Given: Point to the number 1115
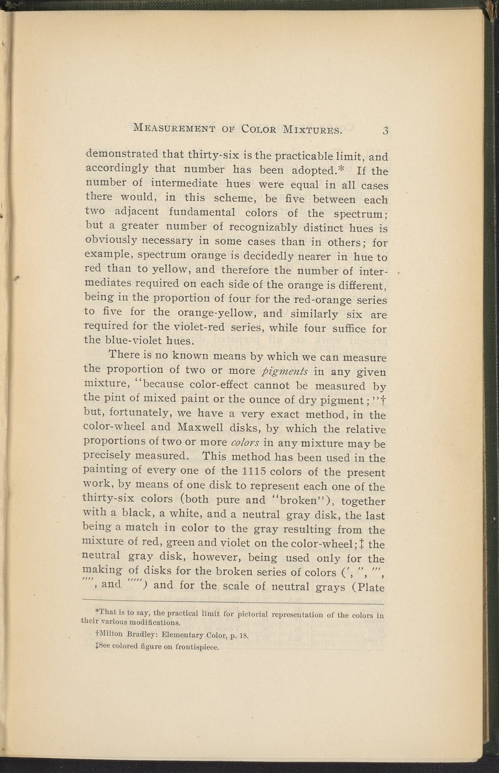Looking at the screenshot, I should pos(248,471).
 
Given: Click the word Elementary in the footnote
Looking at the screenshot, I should pos(181,635).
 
